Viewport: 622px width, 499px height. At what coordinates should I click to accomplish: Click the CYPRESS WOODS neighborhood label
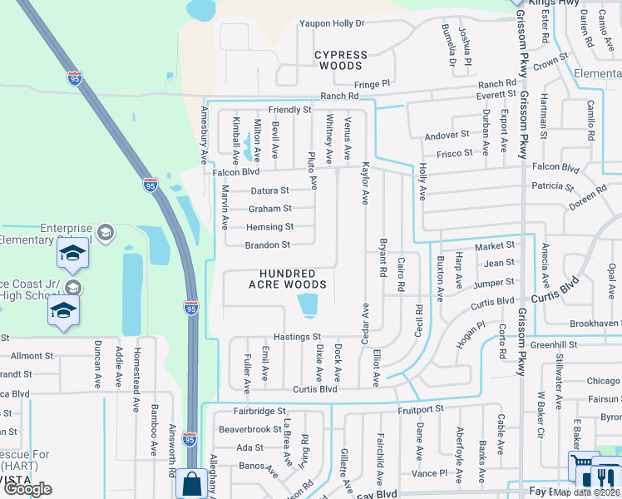pos(341,60)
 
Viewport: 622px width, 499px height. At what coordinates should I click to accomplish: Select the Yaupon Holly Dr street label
pos(333,23)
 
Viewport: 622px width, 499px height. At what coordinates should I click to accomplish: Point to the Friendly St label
pos(289,110)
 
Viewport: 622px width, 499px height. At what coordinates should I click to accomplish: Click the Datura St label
pos(269,190)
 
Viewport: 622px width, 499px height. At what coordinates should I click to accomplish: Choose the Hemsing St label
pos(270,227)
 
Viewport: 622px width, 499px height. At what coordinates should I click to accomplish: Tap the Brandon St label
pos(268,245)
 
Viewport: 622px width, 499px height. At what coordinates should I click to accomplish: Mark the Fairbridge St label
pos(259,411)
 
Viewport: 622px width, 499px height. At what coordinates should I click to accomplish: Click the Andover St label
pos(447,135)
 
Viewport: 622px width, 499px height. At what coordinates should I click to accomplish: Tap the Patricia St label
pos(547,186)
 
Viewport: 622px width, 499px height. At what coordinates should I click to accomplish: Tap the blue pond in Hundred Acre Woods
pos(309,304)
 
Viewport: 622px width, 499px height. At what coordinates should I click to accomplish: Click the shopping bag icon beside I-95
pos(192,482)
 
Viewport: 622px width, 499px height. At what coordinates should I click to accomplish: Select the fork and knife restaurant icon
pos(605,477)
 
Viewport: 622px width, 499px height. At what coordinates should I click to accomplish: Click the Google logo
pos(27,489)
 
